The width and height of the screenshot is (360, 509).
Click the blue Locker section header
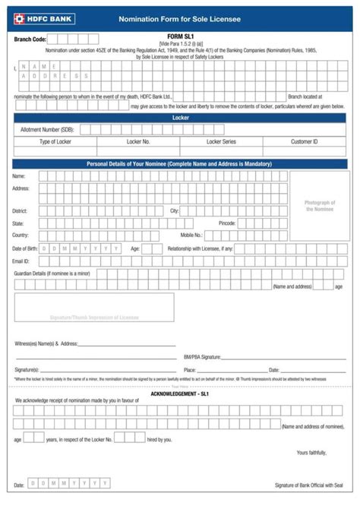[x=180, y=119]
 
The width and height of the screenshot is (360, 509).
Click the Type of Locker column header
[x=55, y=141]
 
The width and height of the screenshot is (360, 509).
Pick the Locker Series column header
[x=221, y=141]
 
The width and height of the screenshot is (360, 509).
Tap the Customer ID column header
[x=304, y=141]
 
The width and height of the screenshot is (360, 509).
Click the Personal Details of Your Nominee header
[x=180, y=164]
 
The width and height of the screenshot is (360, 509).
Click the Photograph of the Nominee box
[x=320, y=206]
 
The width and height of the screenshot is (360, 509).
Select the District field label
[x=20, y=210]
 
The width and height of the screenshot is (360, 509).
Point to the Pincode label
[x=227, y=223]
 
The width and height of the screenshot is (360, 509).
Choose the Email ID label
[x=21, y=261]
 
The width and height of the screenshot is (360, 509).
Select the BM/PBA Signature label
[x=202, y=356]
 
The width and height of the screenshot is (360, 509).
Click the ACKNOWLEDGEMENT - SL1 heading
[x=179, y=394]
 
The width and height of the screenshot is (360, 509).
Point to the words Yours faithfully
[x=311, y=454]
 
